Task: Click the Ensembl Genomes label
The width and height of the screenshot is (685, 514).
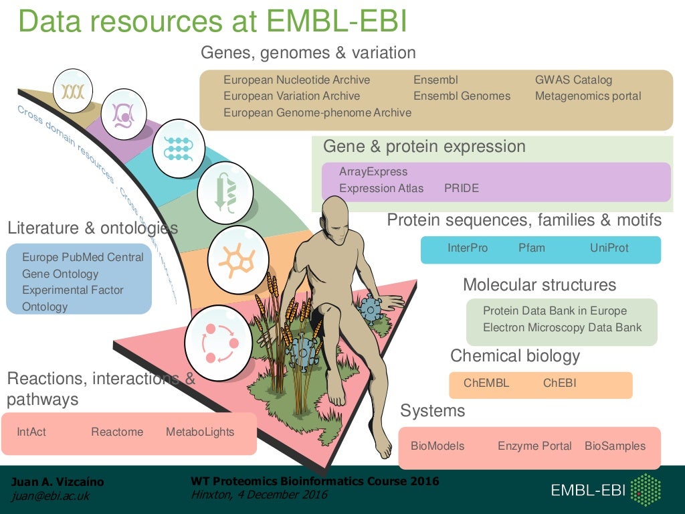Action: [x=462, y=96]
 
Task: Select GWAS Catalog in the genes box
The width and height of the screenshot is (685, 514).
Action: [x=573, y=80]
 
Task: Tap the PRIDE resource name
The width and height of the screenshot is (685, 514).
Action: [x=462, y=189]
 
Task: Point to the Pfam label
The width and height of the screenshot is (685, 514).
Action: [x=532, y=248]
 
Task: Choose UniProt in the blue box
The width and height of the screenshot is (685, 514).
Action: [x=609, y=248]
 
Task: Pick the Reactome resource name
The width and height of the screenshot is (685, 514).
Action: [x=117, y=432]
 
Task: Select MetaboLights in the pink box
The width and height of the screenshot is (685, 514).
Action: [x=200, y=432]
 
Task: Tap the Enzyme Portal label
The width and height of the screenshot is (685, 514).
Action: [x=534, y=446]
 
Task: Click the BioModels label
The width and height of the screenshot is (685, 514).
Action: [x=437, y=446]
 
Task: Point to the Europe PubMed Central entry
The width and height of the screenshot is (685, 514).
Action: [x=83, y=258]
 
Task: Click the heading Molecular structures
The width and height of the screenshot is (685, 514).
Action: [x=539, y=285]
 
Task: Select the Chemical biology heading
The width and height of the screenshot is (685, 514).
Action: [x=515, y=356]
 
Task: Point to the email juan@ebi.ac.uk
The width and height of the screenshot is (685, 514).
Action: [x=50, y=496]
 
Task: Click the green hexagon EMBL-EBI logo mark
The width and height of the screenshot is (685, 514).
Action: [x=646, y=491]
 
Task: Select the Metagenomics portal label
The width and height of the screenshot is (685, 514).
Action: [x=588, y=96]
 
